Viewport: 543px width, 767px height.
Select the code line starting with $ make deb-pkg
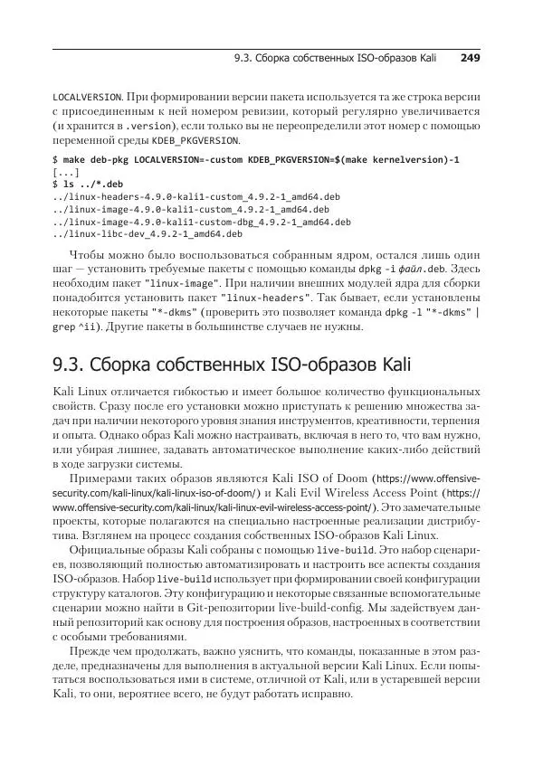click(x=256, y=159)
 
